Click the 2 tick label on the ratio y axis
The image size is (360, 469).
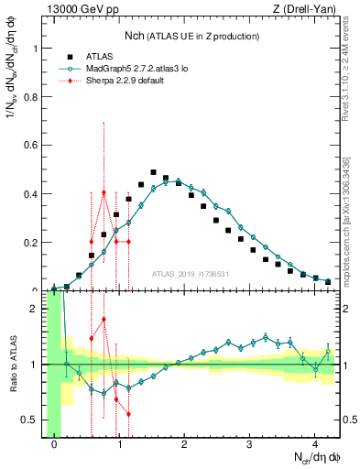pyautogui.click(x=36, y=309)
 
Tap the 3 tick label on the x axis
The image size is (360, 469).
pyautogui.click(x=249, y=445)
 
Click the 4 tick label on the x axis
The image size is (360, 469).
pyautogui.click(x=314, y=445)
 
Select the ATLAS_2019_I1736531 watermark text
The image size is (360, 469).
pyautogui.click(x=191, y=275)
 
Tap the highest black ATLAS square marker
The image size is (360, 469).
pyautogui.click(x=153, y=172)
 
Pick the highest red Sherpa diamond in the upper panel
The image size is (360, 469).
pyautogui.click(x=104, y=192)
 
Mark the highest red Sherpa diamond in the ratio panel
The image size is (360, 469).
pyautogui.click(x=104, y=320)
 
